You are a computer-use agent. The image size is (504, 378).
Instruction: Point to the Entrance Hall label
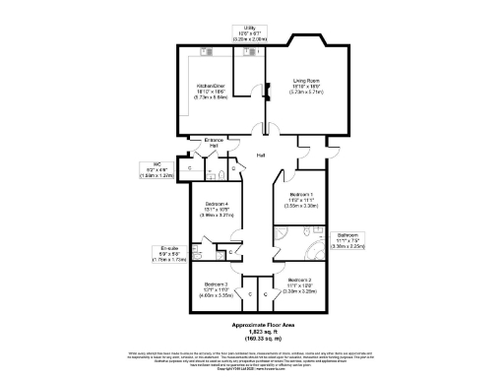214,144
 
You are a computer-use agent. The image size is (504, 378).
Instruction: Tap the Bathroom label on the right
348,238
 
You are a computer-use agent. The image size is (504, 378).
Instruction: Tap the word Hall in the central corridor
261,156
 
